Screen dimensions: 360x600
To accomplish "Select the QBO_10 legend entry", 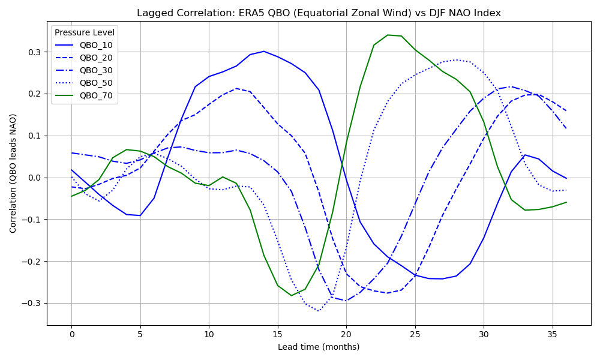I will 95,45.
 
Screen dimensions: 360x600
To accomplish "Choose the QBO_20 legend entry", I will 95,58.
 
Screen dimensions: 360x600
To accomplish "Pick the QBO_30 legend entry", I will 95,70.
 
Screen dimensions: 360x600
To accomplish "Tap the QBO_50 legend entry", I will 95,83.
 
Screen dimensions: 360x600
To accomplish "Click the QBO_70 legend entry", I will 95,95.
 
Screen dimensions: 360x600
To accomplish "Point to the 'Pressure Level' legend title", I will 85,32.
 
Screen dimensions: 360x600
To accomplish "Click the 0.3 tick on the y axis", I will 34,52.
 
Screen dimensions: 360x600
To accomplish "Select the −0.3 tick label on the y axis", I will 31,303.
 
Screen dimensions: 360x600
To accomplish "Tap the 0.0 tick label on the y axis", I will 34,178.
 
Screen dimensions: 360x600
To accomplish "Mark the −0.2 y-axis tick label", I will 31,261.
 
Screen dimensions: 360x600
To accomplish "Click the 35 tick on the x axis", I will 553,334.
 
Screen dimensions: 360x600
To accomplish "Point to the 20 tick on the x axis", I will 346,334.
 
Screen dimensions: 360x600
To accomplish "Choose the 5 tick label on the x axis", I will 140,334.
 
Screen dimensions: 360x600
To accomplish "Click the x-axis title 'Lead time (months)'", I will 319,347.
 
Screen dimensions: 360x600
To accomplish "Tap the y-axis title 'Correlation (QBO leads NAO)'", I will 13,173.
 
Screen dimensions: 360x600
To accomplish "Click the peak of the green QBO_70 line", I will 388,35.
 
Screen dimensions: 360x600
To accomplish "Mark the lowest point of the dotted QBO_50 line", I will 319,311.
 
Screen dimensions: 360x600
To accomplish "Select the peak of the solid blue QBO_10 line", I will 264,51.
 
